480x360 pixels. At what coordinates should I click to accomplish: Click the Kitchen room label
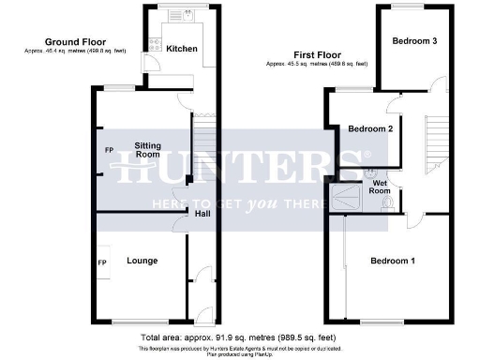[182, 48]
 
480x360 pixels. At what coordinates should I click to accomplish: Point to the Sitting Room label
[147, 150]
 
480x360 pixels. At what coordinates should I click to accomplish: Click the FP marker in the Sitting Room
[109, 150]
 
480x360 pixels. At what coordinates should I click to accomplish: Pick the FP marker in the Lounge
[102, 261]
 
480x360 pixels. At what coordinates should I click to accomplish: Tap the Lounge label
[142, 261]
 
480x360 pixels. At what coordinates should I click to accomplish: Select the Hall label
[202, 213]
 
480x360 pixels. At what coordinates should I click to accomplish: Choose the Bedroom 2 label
[369, 128]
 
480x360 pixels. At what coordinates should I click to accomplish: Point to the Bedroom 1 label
[392, 260]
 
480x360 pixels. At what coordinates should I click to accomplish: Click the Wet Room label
[380, 186]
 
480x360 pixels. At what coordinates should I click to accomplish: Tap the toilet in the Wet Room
[387, 204]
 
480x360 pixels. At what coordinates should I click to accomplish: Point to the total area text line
[239, 336]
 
